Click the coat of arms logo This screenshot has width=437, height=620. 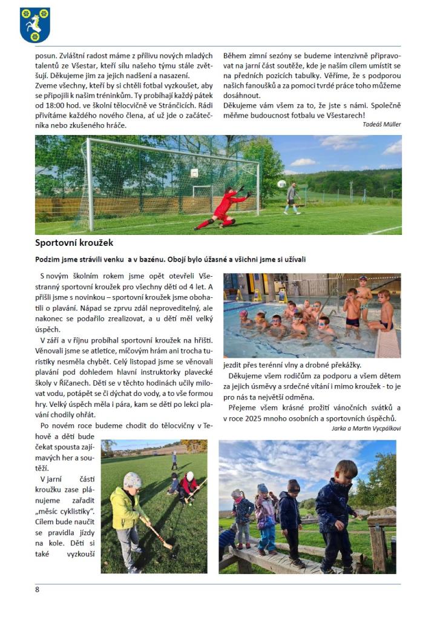click(35, 25)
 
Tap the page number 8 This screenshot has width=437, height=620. click(38, 589)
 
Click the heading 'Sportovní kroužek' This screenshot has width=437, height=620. click(74, 243)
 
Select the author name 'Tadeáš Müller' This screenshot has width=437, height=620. click(382, 124)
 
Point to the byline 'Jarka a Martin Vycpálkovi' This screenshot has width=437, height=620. click(366, 428)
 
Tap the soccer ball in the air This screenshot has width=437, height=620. click(281, 183)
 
